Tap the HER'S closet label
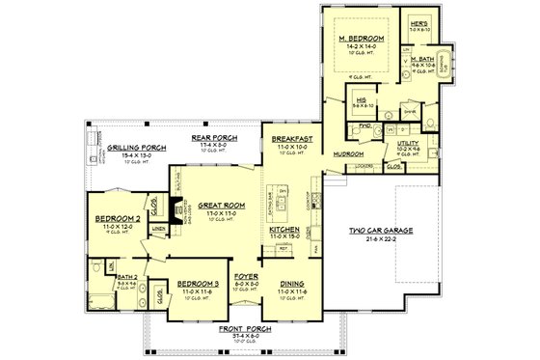click(x=418, y=22)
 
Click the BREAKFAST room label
click(x=290, y=139)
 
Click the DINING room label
click(x=291, y=283)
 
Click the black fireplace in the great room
click(x=174, y=210)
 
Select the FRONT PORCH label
click(x=244, y=329)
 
